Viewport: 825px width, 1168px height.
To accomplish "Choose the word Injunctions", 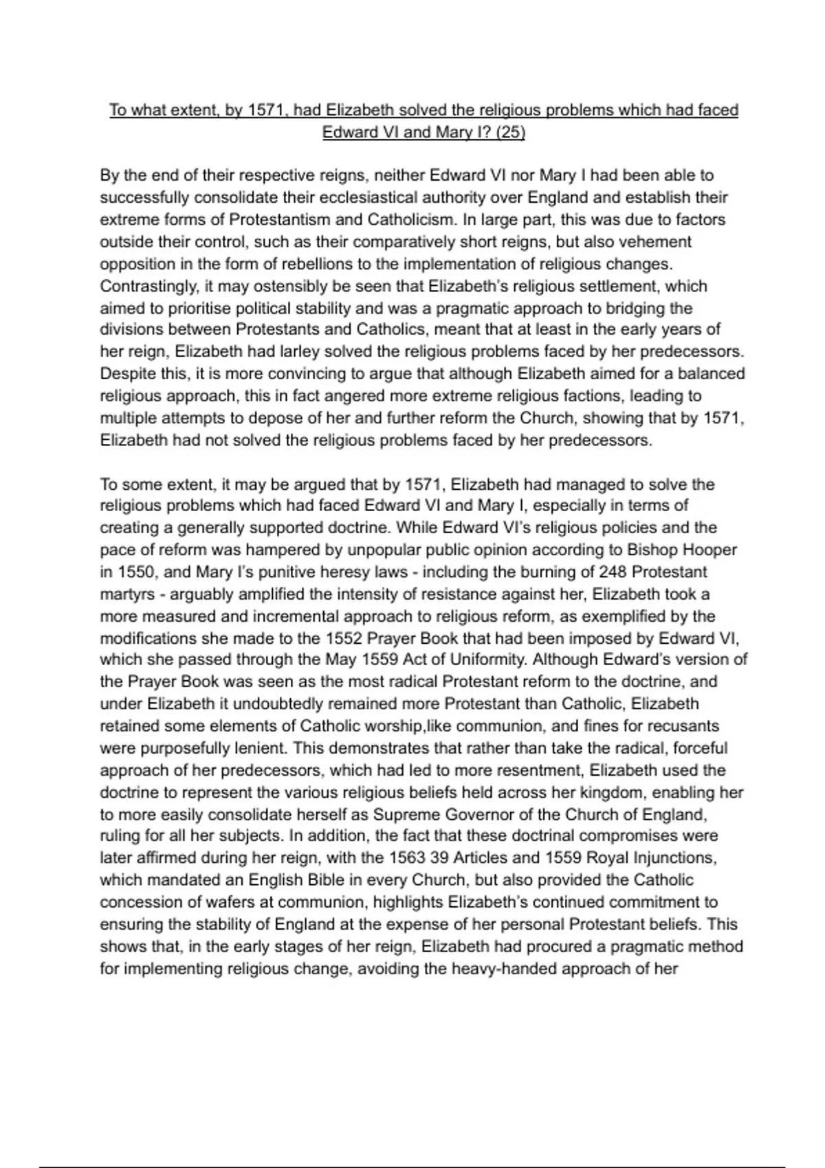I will point(670,858).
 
